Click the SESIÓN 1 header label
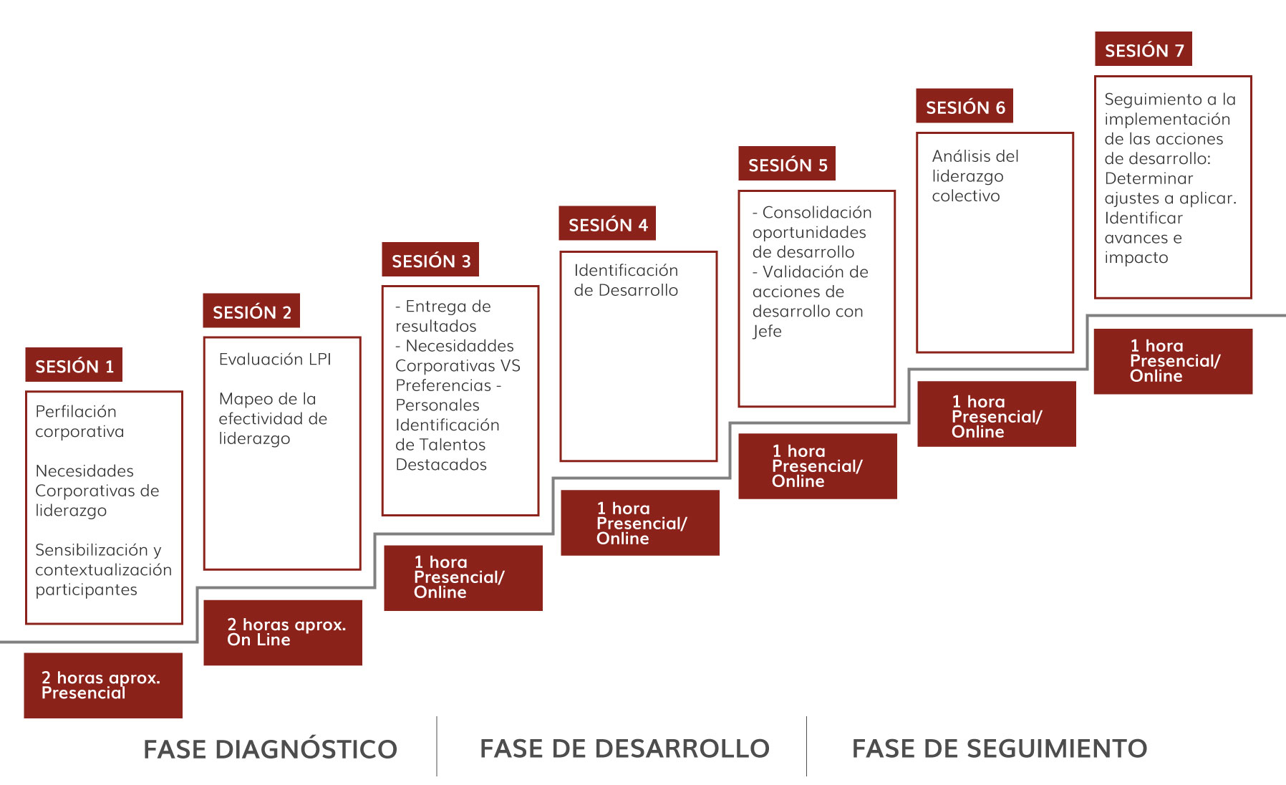[74, 365]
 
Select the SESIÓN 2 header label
[251, 311]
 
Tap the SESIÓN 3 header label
[430, 259]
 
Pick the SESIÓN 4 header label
[607, 223]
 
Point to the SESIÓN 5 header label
[787, 163]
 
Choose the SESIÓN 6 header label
[965, 106]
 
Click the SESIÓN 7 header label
[1144, 49]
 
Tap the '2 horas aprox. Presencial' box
[103, 685]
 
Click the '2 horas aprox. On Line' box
[283, 632]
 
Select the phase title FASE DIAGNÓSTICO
[270, 749]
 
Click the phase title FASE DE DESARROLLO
[624, 748]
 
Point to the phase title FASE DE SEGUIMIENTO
[1000, 748]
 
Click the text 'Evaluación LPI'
[275, 359]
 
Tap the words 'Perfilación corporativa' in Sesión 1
[79, 421]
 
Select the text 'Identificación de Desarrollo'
[626, 280]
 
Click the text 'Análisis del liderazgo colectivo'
[975, 175]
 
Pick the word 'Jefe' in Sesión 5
[767, 331]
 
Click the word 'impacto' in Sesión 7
[1136, 257]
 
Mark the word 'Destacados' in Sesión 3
[441, 464]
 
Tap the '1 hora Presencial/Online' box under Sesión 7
[1173, 361]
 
